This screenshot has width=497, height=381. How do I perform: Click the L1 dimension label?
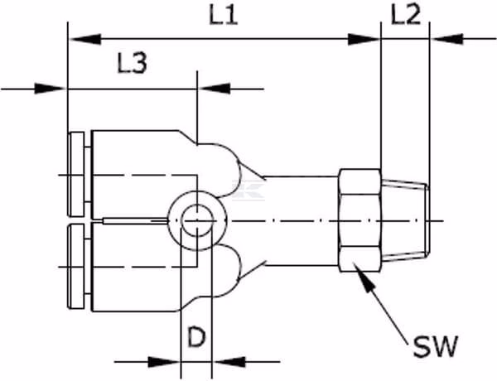pyautogui.click(x=224, y=16)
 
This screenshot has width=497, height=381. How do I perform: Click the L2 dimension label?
pyautogui.click(x=406, y=15)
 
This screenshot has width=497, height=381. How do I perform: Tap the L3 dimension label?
pyautogui.click(x=133, y=63)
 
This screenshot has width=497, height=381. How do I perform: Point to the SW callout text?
pyautogui.click(x=436, y=346)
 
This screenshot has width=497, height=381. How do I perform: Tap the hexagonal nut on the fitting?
pyautogui.click(x=359, y=220)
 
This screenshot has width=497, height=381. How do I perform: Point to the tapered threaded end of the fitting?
pyautogui.click(x=405, y=220)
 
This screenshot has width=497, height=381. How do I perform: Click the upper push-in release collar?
pyautogui.click(x=76, y=175)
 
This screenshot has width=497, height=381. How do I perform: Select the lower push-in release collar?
pyautogui.click(x=76, y=266)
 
